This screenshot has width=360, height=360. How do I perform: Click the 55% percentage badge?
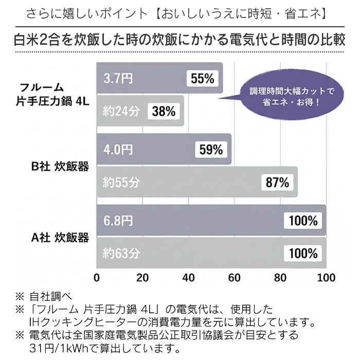tap(202, 79)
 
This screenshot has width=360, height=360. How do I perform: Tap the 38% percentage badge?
tap(164, 111)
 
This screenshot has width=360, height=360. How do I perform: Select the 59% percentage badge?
tap(210, 150)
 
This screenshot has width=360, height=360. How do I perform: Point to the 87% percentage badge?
tap(278, 182)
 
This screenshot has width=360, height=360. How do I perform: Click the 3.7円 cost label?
tap(118, 79)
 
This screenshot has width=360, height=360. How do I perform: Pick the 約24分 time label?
tap(121, 111)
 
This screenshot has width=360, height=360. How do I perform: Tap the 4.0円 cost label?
tap(118, 150)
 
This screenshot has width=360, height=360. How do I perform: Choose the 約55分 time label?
tap(121, 182)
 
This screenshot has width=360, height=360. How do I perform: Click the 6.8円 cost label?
tap(118, 221)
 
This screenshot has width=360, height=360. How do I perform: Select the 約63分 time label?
tap(121, 253)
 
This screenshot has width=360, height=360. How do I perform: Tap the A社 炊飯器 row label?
tap(60, 238)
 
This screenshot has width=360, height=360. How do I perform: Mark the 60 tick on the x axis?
tap(235, 278)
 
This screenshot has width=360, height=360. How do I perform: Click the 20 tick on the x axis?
tap(142, 278)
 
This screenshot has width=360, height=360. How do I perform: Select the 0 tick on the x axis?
tap(97, 278)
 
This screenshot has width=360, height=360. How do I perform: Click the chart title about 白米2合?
tap(180, 40)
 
